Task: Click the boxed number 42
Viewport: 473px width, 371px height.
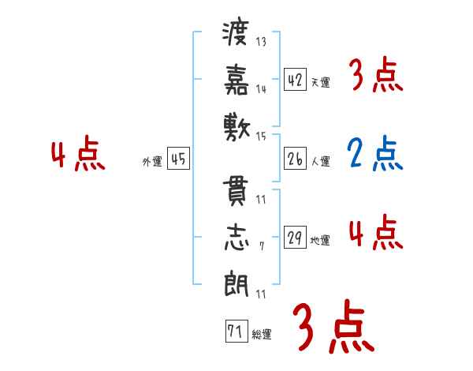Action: point(295,80)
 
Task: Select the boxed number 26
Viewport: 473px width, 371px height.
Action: point(295,159)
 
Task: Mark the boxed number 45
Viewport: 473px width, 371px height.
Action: point(178,159)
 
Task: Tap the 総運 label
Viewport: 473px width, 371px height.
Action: point(262,335)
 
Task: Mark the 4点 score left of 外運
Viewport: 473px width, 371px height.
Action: point(77,155)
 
